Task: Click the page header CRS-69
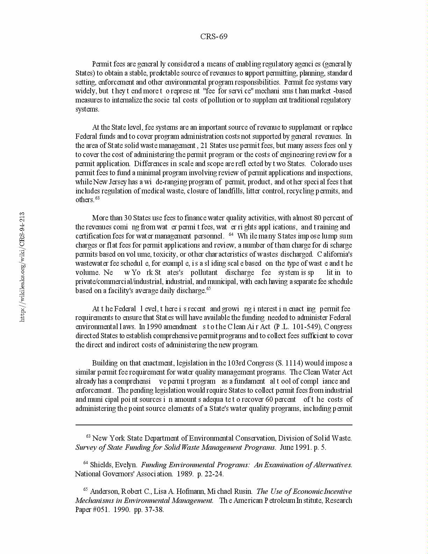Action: (214, 37)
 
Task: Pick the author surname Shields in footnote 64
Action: (101, 465)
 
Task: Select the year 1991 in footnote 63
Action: (301, 447)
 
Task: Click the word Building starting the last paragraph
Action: (105, 363)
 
